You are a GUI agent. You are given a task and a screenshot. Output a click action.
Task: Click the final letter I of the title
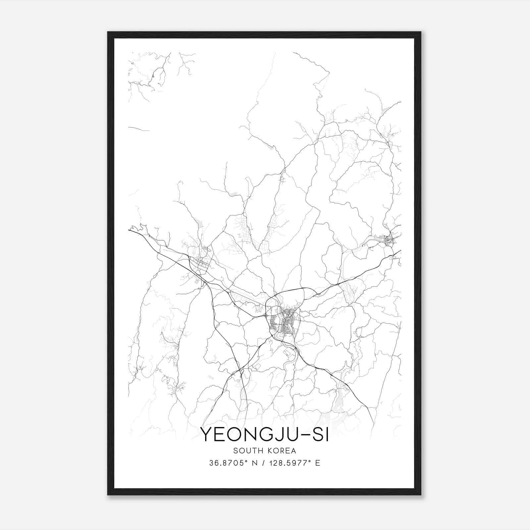327,435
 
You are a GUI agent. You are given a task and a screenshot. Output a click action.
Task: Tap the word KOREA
280,450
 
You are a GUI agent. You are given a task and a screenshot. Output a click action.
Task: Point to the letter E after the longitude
318,463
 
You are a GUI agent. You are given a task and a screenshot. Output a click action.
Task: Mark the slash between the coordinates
264,463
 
